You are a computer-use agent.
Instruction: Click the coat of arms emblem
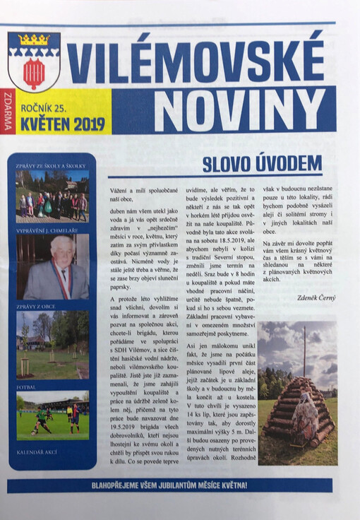coord(33,61)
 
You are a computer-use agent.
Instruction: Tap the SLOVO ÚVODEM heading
coord(261,164)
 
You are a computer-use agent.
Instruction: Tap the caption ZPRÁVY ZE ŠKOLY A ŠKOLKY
coord(52,166)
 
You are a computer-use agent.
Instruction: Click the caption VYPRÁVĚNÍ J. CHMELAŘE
coord(51,230)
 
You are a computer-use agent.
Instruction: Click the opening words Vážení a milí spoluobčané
coord(138,192)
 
